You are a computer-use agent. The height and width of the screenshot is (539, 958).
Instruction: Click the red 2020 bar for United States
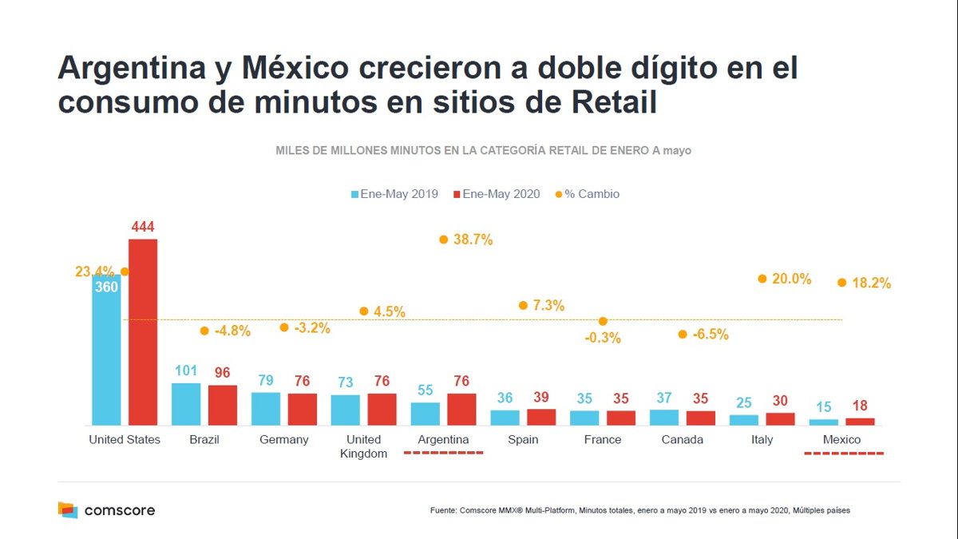point(143,331)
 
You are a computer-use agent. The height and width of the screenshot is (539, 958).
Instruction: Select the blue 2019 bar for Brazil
point(186,404)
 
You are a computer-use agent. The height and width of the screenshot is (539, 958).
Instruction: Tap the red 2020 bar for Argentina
point(461,409)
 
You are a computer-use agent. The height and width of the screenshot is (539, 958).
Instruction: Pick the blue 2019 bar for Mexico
point(824,422)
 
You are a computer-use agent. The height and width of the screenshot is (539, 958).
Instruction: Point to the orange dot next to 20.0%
point(762,279)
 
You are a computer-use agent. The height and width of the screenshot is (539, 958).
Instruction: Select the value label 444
point(143,228)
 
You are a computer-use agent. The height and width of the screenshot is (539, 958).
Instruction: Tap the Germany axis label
point(283,440)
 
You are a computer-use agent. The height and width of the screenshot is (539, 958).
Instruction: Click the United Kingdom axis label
point(363,446)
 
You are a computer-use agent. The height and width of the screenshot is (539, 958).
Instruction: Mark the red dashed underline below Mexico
point(843,454)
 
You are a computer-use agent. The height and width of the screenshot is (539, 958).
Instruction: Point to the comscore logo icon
point(68,509)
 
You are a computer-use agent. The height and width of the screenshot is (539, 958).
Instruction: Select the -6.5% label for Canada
point(710,335)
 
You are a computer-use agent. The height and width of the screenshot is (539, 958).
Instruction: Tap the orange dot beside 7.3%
point(523,305)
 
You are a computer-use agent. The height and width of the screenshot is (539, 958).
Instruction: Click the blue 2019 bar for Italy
point(744,419)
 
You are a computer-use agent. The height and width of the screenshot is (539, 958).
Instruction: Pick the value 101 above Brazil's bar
point(186,371)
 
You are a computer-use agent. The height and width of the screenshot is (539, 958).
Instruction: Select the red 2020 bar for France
point(621,418)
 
